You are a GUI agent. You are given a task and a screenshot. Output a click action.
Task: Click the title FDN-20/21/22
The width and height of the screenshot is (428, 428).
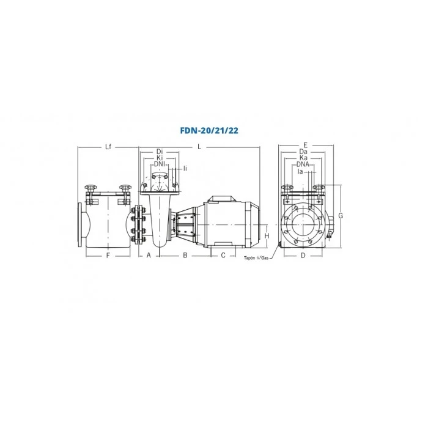point(209,131)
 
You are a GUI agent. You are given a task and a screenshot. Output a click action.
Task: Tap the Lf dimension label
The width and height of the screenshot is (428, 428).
point(108,147)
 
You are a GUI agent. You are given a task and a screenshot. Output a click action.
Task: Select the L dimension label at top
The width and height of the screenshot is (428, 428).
point(199,147)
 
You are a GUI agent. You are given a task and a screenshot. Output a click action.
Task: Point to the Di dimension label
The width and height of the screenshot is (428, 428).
point(160,152)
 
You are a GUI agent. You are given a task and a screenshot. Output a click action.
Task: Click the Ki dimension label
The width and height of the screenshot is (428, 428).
point(160,158)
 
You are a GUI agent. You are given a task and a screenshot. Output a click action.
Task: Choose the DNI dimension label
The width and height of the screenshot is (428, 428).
point(161,164)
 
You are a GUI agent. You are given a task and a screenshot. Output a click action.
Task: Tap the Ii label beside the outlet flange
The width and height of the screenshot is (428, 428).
point(185,168)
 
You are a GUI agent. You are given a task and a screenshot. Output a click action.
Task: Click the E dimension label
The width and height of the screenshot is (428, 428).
point(306,146)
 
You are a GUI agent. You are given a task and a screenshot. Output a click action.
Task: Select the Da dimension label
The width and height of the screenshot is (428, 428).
point(303,152)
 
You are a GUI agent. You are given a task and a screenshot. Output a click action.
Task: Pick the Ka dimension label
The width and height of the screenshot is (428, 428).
point(303,158)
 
